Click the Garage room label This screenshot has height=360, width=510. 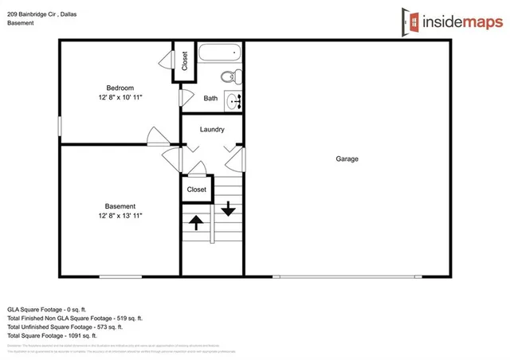click(x=347, y=158)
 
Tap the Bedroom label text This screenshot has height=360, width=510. click(x=120, y=88)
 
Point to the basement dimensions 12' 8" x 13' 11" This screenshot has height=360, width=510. click(x=120, y=216)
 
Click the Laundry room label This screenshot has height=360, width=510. click(x=212, y=129)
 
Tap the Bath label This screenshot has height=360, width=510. click(x=210, y=99)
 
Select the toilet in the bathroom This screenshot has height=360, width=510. click(x=229, y=77)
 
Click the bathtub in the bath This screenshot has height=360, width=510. click(x=218, y=54)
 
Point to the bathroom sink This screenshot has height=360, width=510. click(x=234, y=101)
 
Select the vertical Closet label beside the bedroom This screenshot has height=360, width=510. click(x=185, y=61)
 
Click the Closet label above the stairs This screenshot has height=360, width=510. click(x=197, y=190)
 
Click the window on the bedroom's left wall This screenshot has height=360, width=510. click(x=60, y=126)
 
